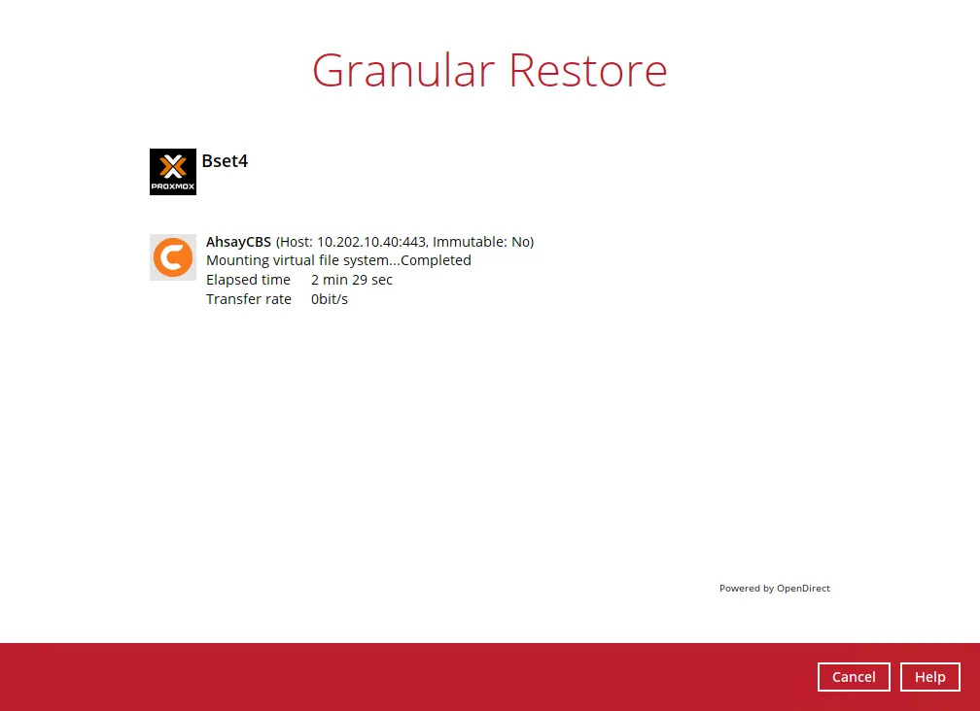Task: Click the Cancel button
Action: tap(854, 677)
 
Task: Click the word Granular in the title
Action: tap(402, 71)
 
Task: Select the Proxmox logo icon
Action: tap(173, 172)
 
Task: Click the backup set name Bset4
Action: tap(225, 161)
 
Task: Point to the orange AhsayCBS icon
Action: tap(173, 257)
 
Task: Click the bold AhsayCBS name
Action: tap(238, 242)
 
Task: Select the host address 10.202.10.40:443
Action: tap(371, 242)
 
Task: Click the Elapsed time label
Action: tap(248, 280)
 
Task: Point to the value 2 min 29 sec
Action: tap(352, 280)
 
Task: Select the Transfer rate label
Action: tap(249, 299)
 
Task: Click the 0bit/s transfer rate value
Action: tap(330, 299)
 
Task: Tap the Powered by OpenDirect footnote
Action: tap(774, 589)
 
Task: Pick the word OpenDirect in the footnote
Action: tap(803, 589)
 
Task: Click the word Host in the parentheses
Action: tap(297, 242)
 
